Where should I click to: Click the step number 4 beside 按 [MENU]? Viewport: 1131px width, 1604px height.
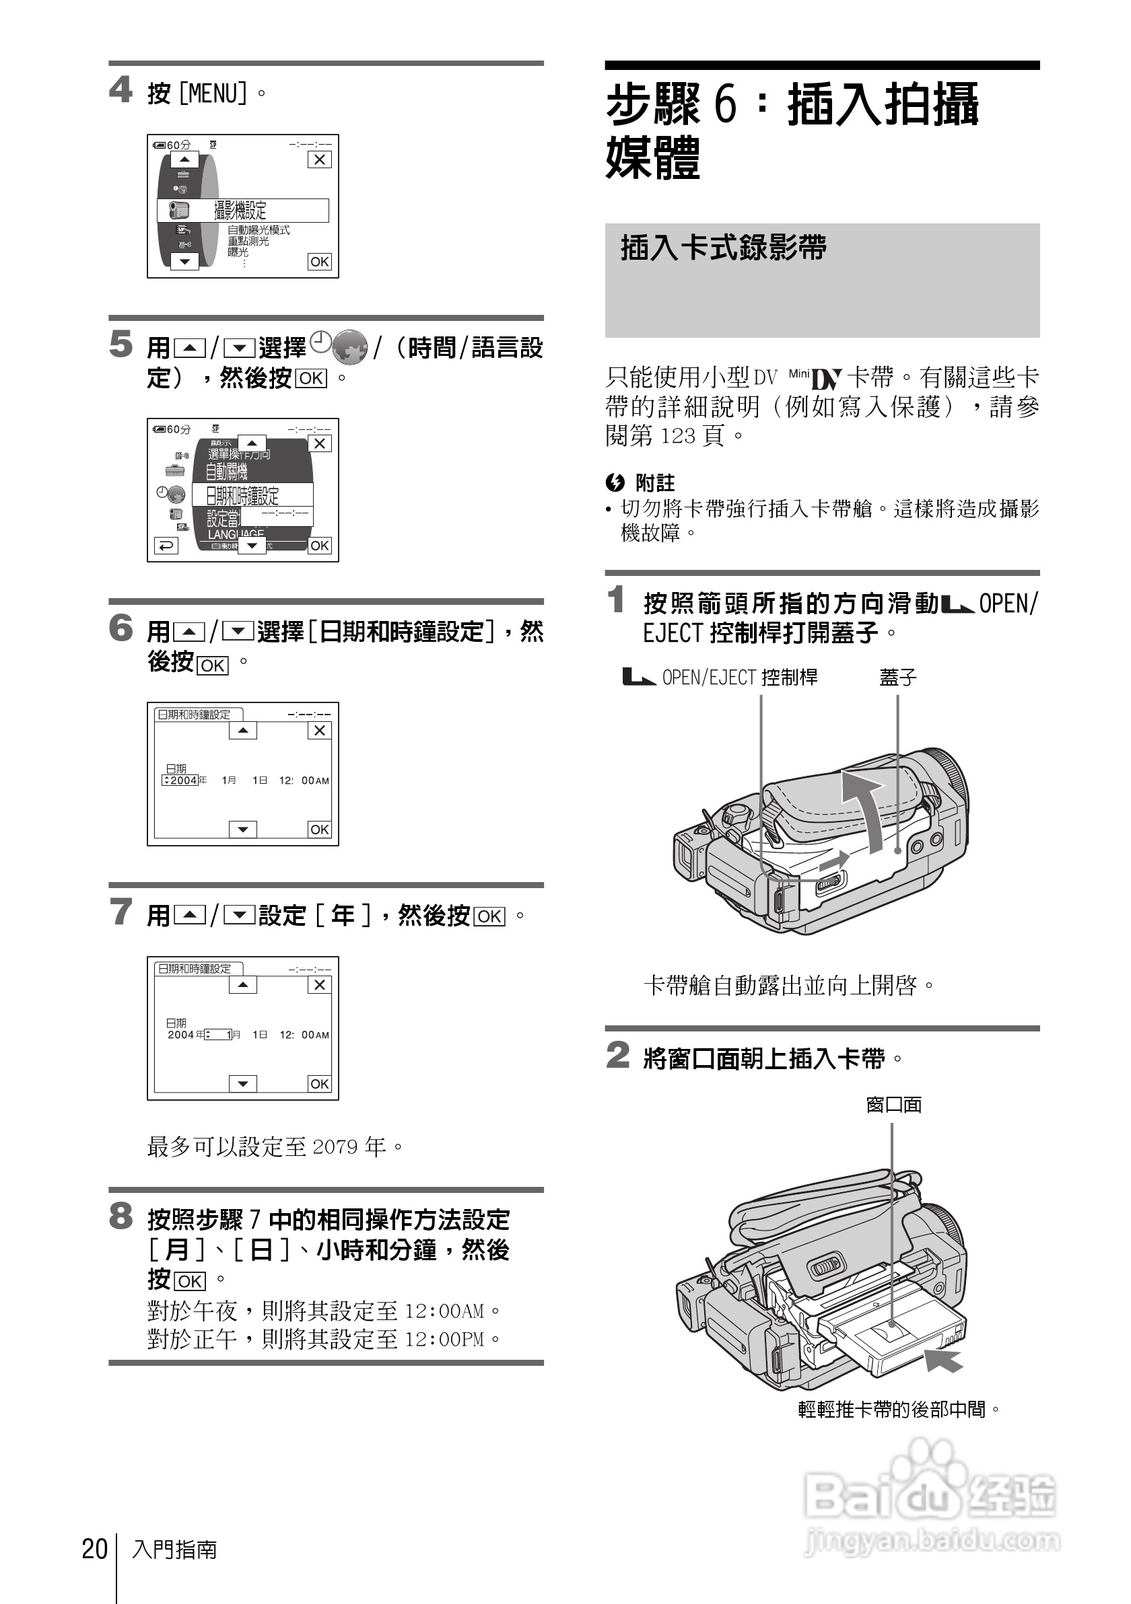click(121, 90)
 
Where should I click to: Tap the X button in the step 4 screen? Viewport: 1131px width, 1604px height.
click(320, 159)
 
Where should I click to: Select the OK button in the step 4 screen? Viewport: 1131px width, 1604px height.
click(320, 262)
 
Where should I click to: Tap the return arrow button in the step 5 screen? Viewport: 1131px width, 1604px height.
click(166, 546)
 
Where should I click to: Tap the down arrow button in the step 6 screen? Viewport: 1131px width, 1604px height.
click(242, 829)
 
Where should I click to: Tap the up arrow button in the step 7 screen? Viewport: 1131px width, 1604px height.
click(242, 985)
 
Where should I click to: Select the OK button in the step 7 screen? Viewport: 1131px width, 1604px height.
click(320, 1083)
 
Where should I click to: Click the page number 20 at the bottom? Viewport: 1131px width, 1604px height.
click(94, 1549)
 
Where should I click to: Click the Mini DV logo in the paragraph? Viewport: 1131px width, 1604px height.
click(815, 378)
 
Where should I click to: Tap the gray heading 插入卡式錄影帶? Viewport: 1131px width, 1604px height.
click(724, 248)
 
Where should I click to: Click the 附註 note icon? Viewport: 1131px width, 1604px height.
click(615, 482)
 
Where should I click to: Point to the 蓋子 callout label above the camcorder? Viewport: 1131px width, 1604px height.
click(897, 677)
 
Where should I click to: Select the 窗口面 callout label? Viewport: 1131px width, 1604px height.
click(893, 1105)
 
